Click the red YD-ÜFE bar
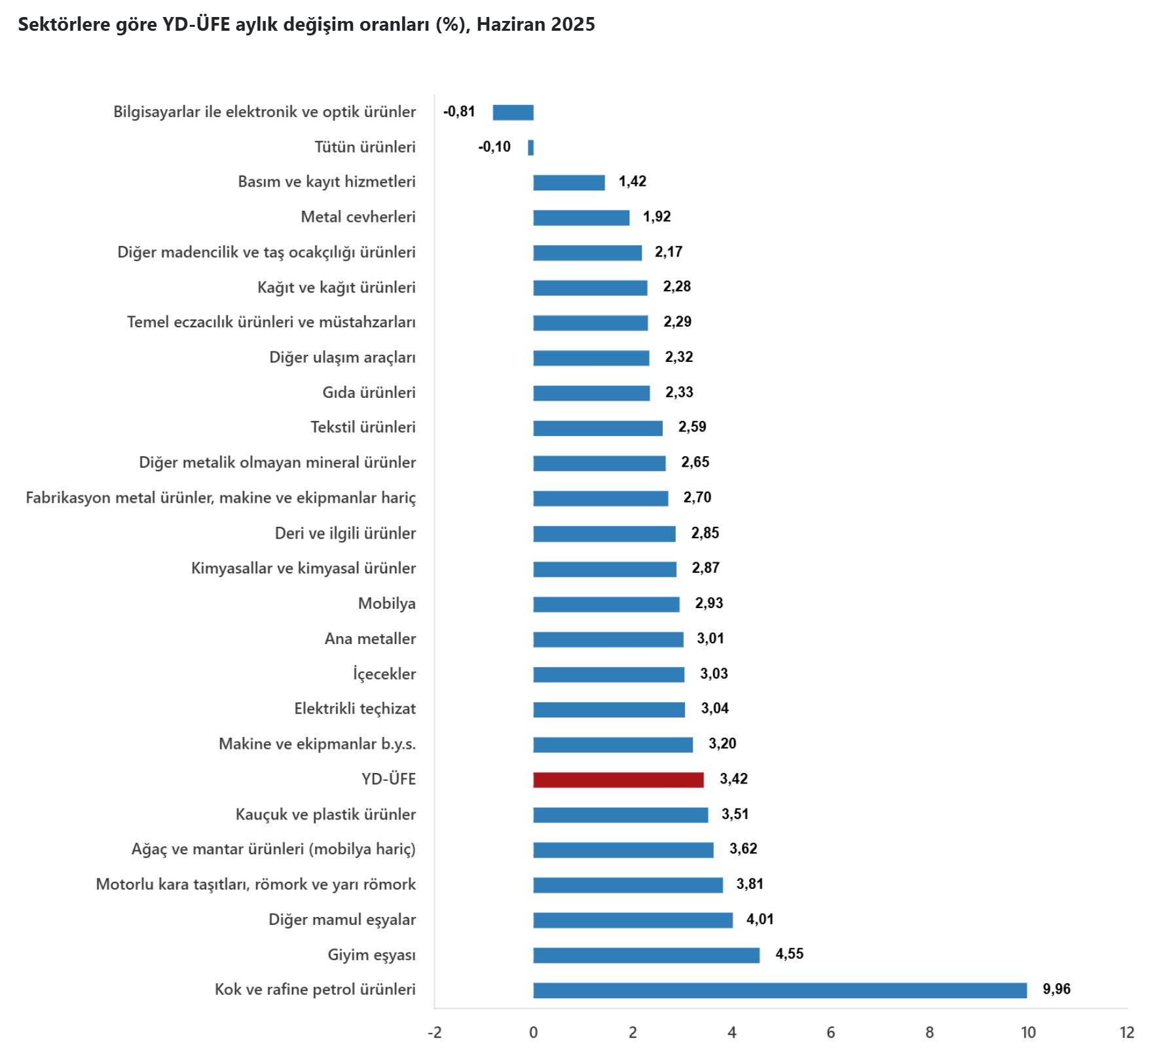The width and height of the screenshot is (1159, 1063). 618,780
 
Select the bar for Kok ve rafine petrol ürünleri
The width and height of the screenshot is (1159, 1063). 779,990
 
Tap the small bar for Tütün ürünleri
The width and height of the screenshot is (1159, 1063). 531,148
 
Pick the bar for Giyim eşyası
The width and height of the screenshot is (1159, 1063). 646,956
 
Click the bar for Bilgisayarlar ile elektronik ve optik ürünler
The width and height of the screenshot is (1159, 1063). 513,113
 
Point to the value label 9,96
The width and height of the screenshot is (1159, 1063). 1056,989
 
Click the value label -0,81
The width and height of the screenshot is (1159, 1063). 459,112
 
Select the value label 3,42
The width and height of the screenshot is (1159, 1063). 733,779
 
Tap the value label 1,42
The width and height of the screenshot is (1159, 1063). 633,181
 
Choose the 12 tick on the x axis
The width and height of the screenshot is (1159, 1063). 1126,1033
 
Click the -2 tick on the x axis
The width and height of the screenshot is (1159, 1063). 434,1033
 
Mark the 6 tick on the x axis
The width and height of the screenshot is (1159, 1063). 830,1033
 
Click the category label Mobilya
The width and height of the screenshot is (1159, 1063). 386,604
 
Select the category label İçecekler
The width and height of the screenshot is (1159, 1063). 384,674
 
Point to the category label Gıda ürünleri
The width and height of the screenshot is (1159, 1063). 369,393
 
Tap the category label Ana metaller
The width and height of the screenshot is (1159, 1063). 370,639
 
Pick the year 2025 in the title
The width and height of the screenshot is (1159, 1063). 573,25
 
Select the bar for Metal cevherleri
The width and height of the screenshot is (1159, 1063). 581,218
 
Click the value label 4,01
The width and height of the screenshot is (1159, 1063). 760,920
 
